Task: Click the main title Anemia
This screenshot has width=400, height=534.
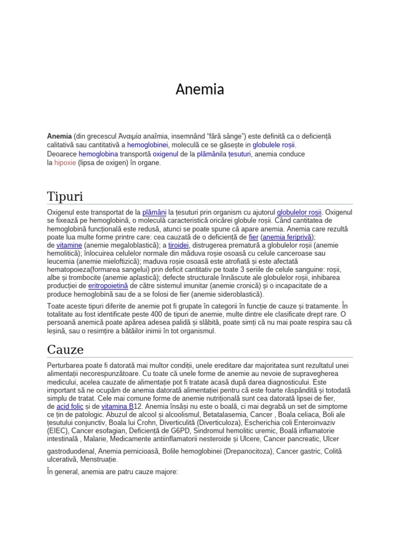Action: (x=200, y=90)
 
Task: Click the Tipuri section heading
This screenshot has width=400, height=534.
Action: (x=65, y=197)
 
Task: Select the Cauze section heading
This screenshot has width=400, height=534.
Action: (x=65, y=349)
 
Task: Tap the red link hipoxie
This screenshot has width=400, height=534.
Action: (x=65, y=163)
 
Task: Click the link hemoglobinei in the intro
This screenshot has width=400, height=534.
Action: (x=148, y=145)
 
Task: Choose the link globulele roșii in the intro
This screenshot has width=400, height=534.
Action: (x=274, y=145)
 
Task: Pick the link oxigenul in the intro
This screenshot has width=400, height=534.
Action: (x=166, y=154)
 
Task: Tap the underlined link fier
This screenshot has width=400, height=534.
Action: (x=254, y=237)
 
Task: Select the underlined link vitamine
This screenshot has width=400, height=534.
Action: (x=69, y=245)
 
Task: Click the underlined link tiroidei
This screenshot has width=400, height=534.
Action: (x=179, y=245)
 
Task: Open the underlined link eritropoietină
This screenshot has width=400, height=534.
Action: (x=108, y=286)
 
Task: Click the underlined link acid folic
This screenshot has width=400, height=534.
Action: (x=70, y=406)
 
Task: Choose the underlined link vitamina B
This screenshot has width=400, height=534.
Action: (x=117, y=406)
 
